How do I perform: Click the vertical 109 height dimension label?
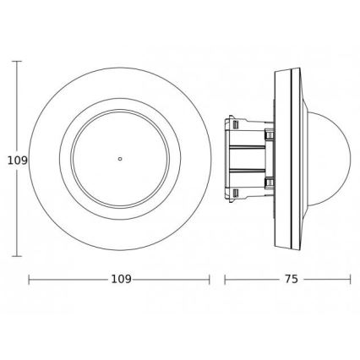click(12, 158)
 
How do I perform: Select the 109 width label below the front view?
click(121, 279)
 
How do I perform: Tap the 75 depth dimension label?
click(289, 279)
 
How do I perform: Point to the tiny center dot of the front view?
click(121, 158)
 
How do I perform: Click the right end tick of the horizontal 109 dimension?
click(210, 279)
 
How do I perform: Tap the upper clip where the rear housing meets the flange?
click(269, 134)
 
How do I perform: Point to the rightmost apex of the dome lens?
click(349, 158)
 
